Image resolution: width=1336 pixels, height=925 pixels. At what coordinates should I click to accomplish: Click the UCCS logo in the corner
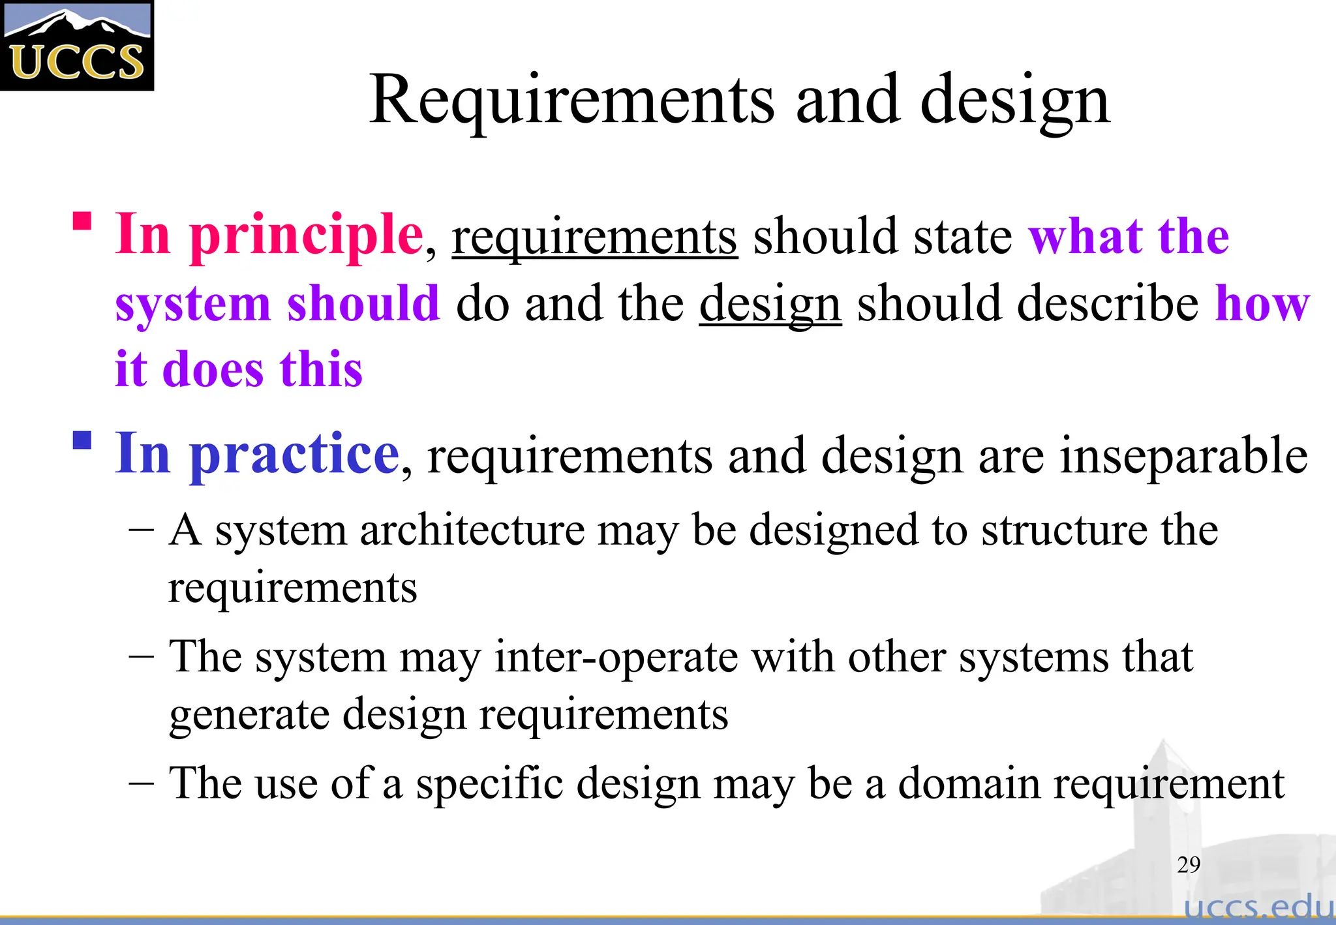click(x=77, y=46)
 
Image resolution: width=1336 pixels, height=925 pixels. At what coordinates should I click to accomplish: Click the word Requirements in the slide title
click(x=571, y=101)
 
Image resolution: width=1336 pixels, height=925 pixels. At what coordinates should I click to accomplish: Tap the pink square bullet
click(x=82, y=221)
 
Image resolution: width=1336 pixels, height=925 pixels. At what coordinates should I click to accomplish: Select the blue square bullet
click(x=82, y=441)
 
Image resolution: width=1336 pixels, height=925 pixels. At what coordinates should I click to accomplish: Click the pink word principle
click(x=307, y=236)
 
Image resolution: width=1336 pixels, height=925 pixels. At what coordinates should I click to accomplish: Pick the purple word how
click(x=1262, y=304)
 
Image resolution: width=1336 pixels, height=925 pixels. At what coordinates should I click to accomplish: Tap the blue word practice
click(x=294, y=455)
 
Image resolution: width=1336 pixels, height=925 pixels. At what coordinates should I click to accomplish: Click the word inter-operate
click(x=616, y=656)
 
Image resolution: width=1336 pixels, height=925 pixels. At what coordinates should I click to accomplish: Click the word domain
click(x=969, y=783)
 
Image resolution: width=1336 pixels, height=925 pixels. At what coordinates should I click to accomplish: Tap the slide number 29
click(x=1189, y=865)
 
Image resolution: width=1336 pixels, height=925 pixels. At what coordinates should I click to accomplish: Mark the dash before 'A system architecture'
click(x=142, y=530)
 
